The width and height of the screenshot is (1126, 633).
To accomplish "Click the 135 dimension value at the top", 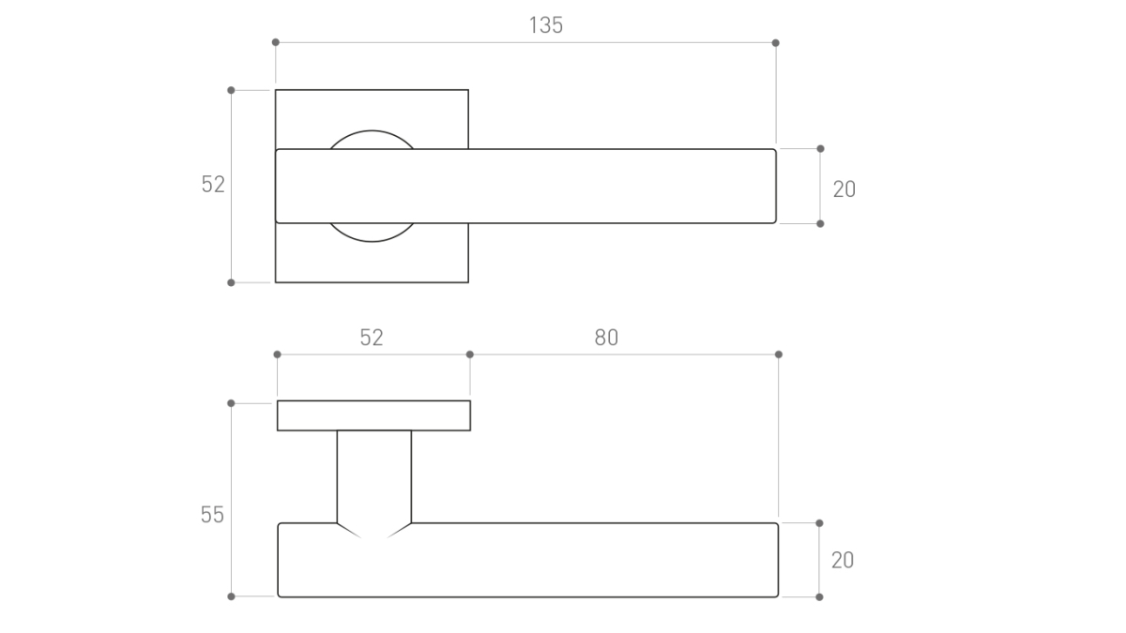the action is coord(546,25).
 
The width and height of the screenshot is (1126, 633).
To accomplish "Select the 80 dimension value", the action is coord(606,338).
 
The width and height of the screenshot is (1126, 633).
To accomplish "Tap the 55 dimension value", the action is coord(212,515).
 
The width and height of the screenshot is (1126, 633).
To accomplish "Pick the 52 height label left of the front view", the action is coord(213,185).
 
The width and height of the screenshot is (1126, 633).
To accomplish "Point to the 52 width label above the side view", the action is coord(372,338).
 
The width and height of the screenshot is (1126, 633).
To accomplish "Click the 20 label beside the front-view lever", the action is coord(844,189).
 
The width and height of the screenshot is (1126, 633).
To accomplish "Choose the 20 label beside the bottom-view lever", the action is coord(843,560).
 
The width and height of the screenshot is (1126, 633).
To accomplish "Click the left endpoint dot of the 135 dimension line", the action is coord(276,42).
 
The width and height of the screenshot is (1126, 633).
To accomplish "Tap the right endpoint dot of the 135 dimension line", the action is coord(776,43).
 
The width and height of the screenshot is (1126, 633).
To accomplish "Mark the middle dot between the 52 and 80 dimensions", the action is coord(470,354).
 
